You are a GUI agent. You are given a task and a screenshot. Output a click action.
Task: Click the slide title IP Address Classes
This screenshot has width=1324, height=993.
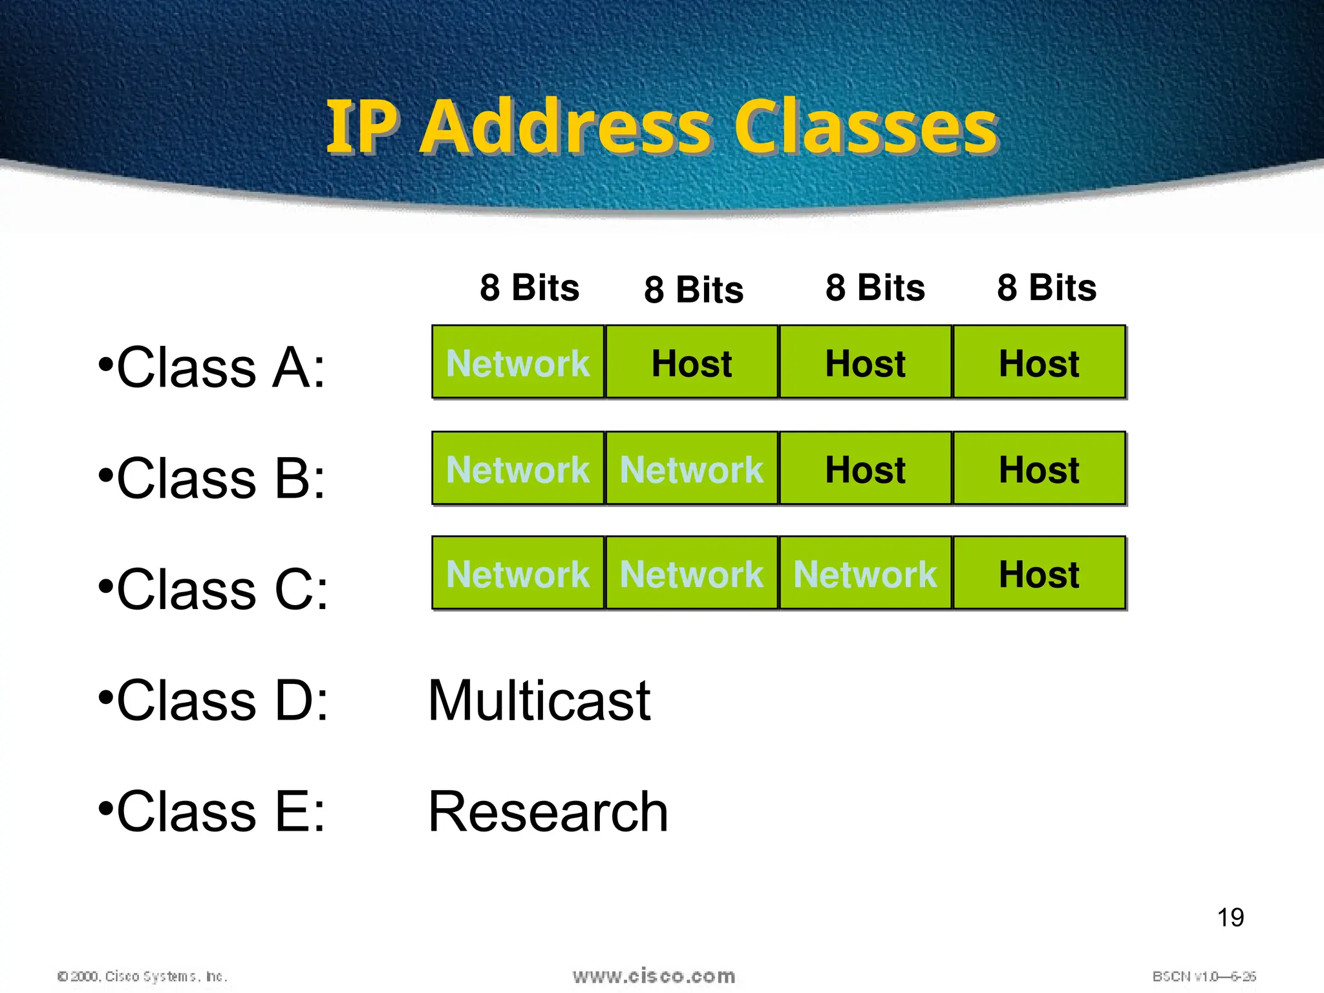662,127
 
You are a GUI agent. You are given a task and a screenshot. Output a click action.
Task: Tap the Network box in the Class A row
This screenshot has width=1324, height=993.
518,363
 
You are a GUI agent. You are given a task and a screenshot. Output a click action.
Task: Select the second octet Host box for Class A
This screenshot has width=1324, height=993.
692,363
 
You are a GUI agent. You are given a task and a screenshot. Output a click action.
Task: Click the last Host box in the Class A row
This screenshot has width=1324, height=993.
1039,363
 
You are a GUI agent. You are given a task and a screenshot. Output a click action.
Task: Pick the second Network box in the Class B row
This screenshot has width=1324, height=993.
692,469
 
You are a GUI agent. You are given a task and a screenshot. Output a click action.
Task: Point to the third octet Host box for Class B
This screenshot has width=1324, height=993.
865,469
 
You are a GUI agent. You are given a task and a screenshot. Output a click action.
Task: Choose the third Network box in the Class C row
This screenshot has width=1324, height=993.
865,573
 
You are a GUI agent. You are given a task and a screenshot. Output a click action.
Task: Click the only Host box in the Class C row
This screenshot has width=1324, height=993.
1039,573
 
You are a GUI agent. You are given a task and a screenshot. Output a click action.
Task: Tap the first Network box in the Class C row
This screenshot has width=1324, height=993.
518,573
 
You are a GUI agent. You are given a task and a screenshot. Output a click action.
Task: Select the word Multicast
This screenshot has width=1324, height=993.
539,701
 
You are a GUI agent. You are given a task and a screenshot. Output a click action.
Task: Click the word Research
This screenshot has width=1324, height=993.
548,812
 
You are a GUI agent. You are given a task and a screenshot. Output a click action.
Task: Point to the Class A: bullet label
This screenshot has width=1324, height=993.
212,367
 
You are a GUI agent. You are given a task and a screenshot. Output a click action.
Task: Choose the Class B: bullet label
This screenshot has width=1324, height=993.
212,478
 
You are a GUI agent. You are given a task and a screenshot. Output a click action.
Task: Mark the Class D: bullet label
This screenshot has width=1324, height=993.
213,701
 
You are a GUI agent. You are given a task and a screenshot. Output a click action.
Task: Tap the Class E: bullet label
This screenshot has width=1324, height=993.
212,812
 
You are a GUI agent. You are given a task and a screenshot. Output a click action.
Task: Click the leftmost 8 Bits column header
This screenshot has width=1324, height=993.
529,288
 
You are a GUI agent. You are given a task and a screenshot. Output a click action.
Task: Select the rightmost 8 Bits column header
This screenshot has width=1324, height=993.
1047,288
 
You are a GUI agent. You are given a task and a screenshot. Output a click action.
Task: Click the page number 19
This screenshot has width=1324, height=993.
1230,917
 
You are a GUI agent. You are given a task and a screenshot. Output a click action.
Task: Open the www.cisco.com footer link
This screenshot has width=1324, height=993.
654,976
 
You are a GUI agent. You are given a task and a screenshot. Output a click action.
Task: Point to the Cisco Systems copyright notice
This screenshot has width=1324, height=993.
142,976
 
